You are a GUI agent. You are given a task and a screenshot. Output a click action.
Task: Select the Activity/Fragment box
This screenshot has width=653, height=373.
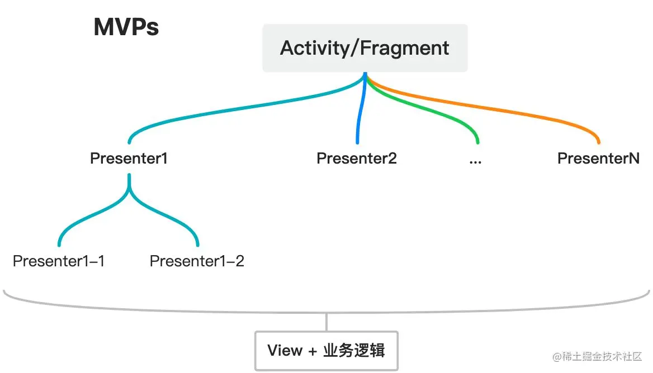coord(365,48)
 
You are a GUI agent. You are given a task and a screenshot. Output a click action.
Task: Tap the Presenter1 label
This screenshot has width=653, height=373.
coord(129,159)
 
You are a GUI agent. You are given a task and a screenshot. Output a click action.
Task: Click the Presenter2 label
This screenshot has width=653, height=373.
coord(357,159)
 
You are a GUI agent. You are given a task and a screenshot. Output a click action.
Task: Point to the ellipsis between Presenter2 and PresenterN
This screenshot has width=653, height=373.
coord(476,160)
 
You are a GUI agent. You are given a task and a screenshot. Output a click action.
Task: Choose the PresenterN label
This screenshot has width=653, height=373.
coord(598,159)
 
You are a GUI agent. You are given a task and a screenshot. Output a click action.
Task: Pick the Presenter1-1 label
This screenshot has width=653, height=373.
coord(59,261)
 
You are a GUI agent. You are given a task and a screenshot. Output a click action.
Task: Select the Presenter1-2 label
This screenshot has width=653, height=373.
coord(197,261)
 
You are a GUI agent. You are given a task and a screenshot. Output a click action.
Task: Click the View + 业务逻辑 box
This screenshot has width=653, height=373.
coord(326,351)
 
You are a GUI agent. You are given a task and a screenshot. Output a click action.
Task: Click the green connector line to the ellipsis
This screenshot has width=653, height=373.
coord(442,111)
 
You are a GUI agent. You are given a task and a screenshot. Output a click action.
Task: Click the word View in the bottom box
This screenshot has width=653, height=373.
coord(285,351)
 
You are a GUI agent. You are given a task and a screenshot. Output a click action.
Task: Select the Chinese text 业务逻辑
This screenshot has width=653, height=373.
coord(354,351)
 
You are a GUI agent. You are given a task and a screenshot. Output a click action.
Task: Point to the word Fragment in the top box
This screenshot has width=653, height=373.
coord(404,48)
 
